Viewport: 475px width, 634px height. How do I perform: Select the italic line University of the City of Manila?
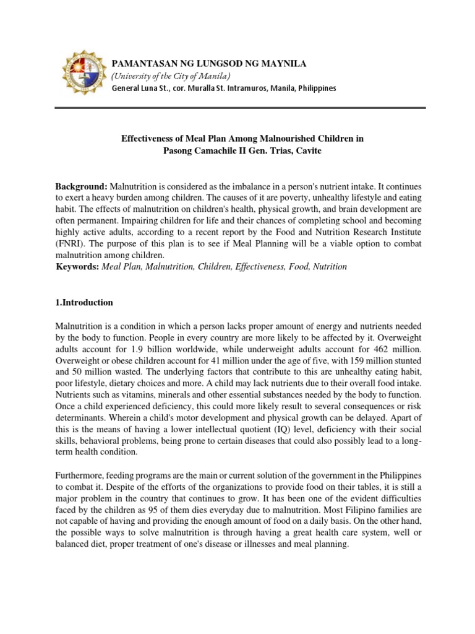tap(171, 76)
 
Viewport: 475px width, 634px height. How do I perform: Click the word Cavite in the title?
tap(309, 151)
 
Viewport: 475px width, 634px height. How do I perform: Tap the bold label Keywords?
tap(77, 267)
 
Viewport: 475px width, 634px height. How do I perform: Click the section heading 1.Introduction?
tap(84, 303)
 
